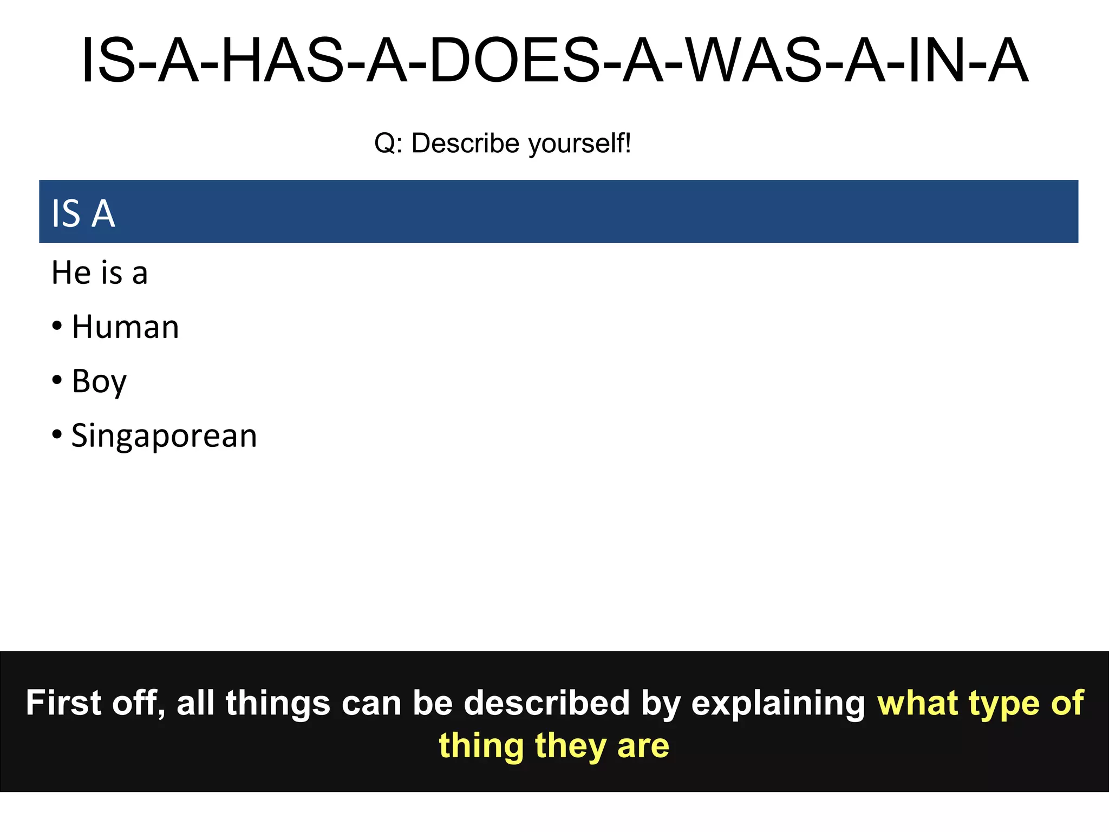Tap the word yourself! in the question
coord(579,144)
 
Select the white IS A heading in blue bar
coord(83,213)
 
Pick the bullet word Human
coord(125,328)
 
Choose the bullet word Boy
coord(99,382)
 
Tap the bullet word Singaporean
coord(164,436)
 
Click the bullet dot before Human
coord(57,327)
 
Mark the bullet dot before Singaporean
coord(57,435)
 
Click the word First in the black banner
coord(63,703)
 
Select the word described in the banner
coord(546,703)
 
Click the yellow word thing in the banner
coord(481,746)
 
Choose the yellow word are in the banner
coord(643,746)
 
